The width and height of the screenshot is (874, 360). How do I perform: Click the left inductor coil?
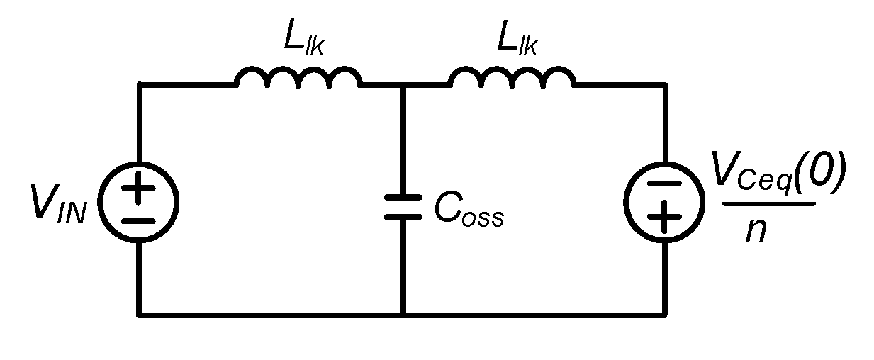(x=299, y=77)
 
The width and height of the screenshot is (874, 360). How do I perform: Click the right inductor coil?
(x=512, y=77)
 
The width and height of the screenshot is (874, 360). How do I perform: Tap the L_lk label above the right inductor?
(x=517, y=41)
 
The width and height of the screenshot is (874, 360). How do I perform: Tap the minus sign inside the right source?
(x=664, y=184)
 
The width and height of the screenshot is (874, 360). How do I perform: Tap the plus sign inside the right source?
(x=664, y=217)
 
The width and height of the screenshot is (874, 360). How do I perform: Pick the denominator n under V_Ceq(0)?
(x=757, y=231)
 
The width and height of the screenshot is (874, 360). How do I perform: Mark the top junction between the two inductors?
(x=403, y=85)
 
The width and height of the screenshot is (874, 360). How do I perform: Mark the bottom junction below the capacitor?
(x=403, y=313)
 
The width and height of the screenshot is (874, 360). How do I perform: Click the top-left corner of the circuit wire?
(x=139, y=85)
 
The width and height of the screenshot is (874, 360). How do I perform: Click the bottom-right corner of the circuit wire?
(x=665, y=313)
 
